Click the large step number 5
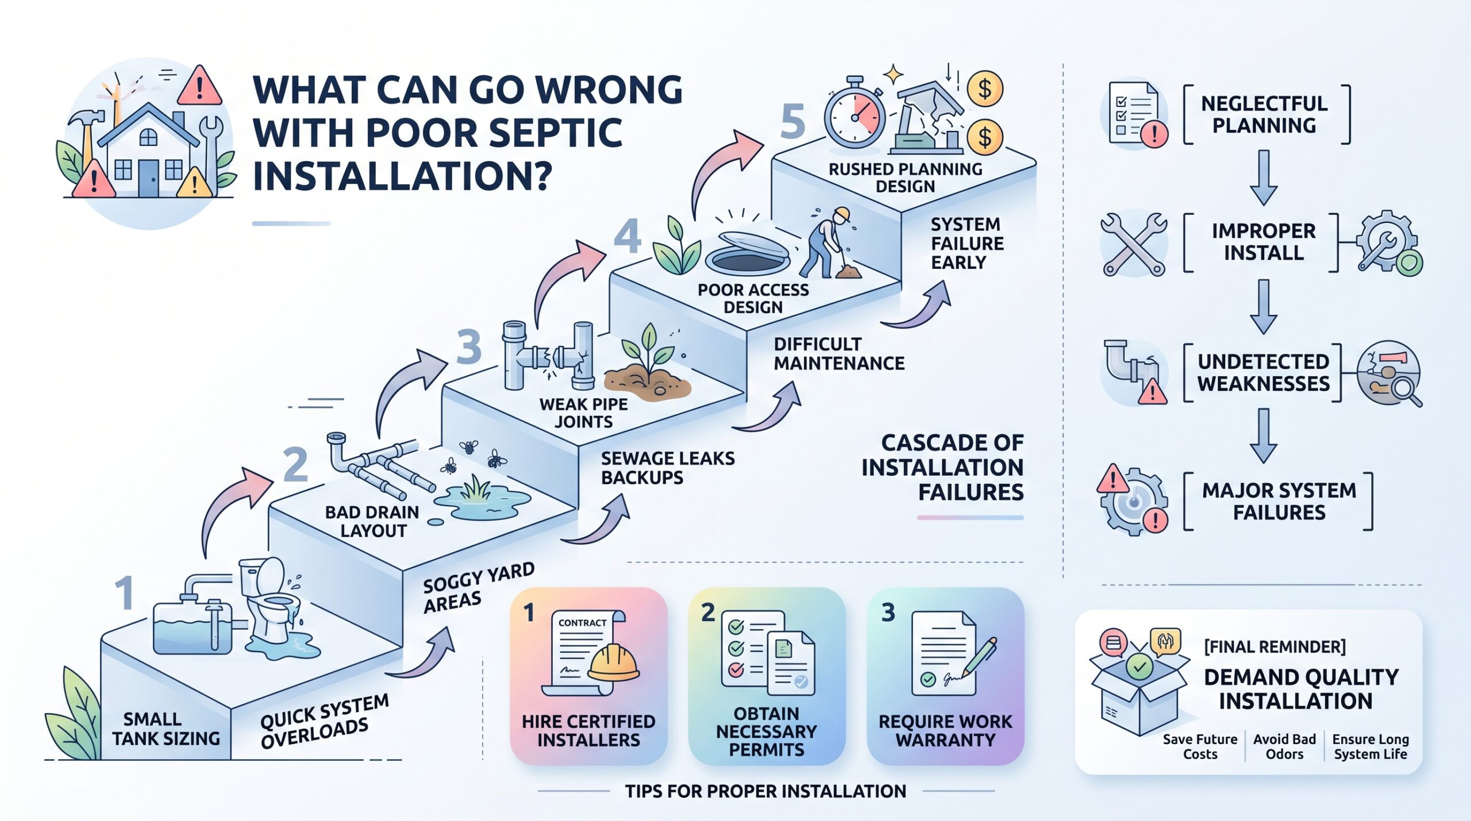click(793, 122)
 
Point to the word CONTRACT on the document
click(582, 623)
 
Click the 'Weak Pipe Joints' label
click(583, 413)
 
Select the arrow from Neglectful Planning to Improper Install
click(1264, 178)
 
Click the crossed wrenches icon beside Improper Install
click(1134, 244)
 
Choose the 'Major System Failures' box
click(1279, 501)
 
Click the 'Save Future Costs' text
click(1200, 746)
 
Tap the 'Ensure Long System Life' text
click(1370, 746)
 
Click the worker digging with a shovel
click(827, 244)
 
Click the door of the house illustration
click(148, 179)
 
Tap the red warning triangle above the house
click(199, 86)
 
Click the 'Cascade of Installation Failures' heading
click(942, 467)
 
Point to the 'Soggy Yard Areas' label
click(478, 587)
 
